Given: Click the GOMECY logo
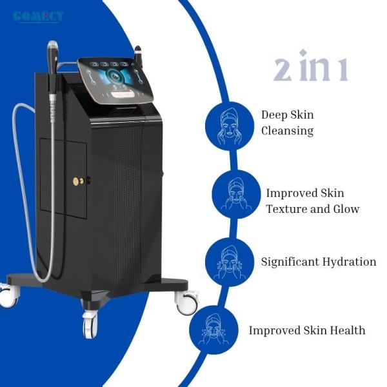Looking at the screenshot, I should coord(38,16).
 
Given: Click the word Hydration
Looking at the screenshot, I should coord(350,262).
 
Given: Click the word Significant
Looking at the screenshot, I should coord(291,262).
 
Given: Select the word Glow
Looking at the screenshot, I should coord(346,209).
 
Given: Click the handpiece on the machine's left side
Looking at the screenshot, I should coord(52,71).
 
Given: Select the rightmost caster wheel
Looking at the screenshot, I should coord(188,303).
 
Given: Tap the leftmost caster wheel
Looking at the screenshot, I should coord(8,296).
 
